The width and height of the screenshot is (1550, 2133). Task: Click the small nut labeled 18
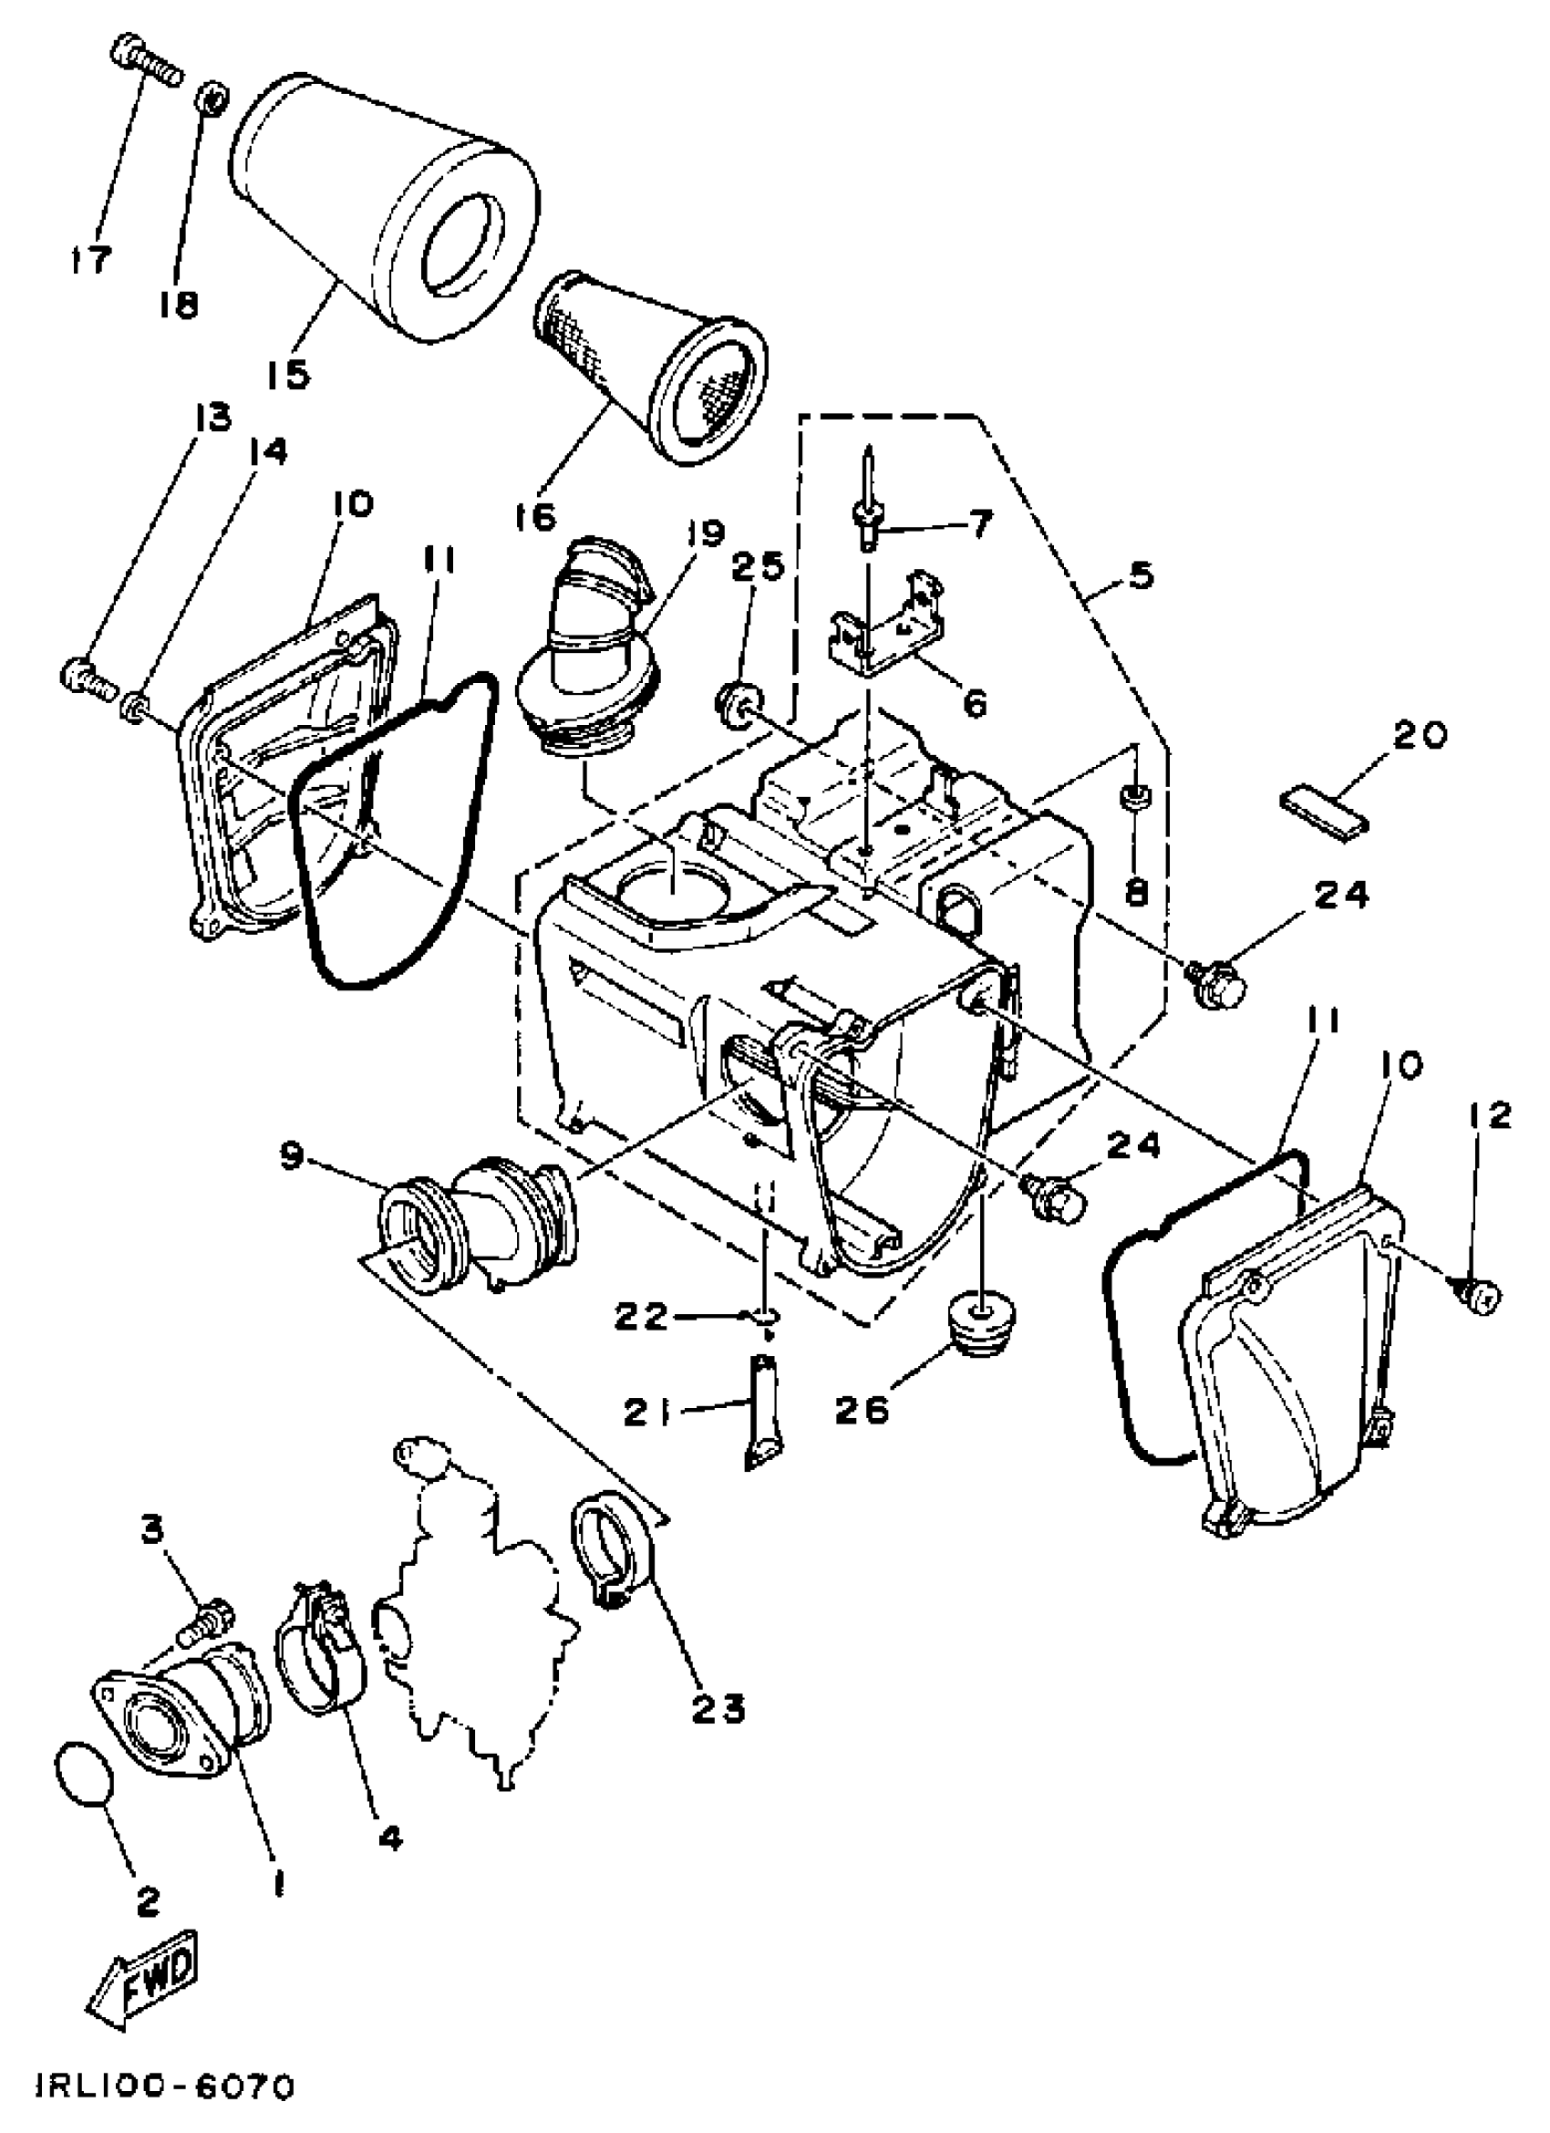pos(212,97)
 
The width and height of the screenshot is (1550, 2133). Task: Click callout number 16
pos(535,516)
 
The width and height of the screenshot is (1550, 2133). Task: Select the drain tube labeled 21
pos(763,1411)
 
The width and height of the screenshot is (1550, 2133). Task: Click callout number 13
pos(212,417)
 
